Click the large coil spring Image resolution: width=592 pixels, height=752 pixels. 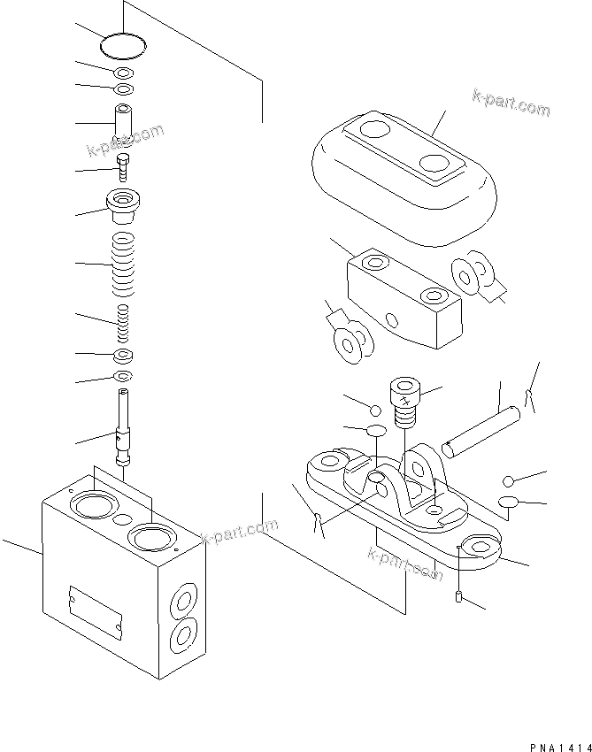[123, 265]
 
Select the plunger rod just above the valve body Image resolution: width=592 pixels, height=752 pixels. [123, 428]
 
